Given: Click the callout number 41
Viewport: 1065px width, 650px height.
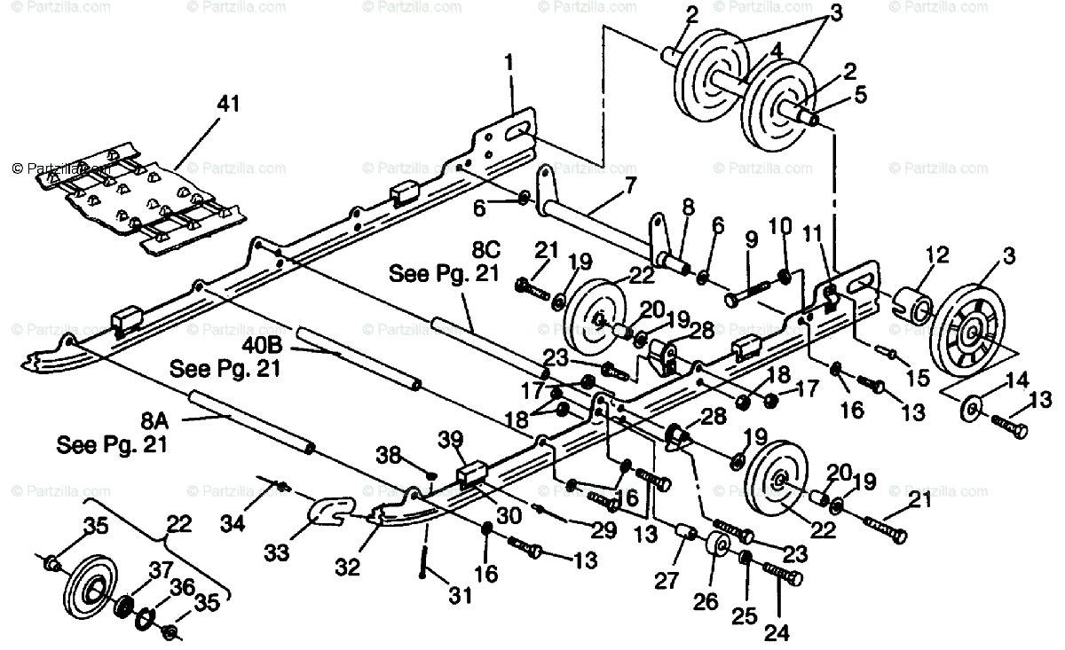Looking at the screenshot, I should point(228,105).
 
